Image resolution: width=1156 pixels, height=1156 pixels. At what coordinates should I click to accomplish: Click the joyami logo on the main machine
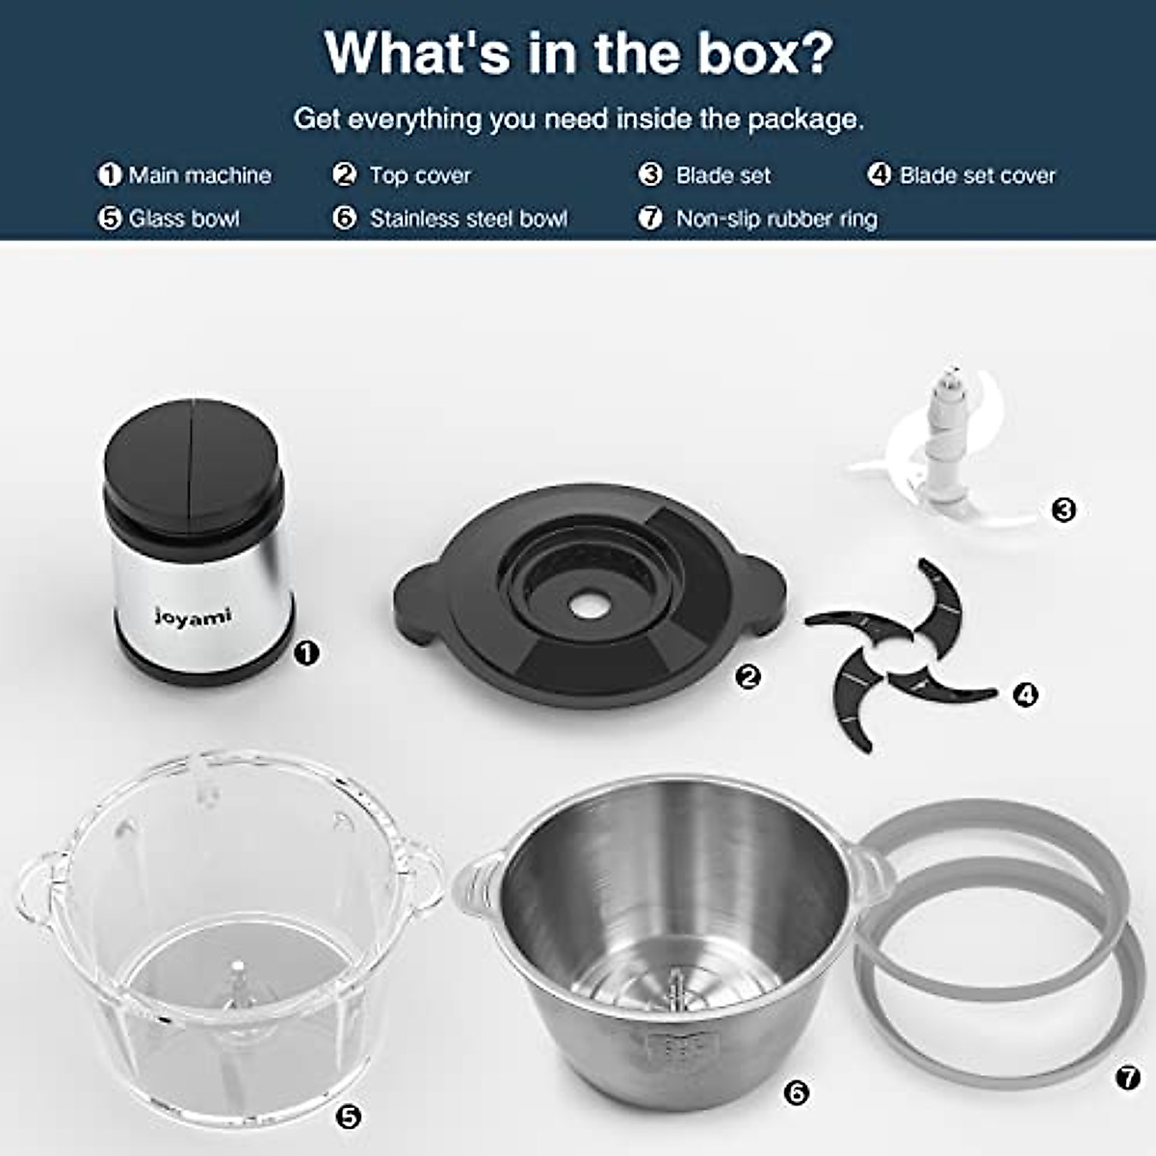pos(194,616)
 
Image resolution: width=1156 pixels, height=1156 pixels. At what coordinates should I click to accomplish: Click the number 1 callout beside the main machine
pos(305,653)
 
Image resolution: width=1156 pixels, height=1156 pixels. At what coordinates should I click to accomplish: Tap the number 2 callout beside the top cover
pos(748,676)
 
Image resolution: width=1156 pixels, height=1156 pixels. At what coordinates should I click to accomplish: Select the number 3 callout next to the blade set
pos(1064,509)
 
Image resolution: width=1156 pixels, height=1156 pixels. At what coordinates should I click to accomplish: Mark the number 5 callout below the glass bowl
pos(349,1117)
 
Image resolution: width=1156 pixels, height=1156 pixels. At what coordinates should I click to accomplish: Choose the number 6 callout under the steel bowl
pos(796,1092)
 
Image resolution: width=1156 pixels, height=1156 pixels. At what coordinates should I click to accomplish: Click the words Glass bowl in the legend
pos(184,219)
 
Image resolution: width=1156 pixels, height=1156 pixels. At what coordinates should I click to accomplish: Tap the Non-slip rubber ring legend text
pos(776,219)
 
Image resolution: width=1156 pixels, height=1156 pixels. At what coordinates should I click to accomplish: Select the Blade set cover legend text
pos(977,175)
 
